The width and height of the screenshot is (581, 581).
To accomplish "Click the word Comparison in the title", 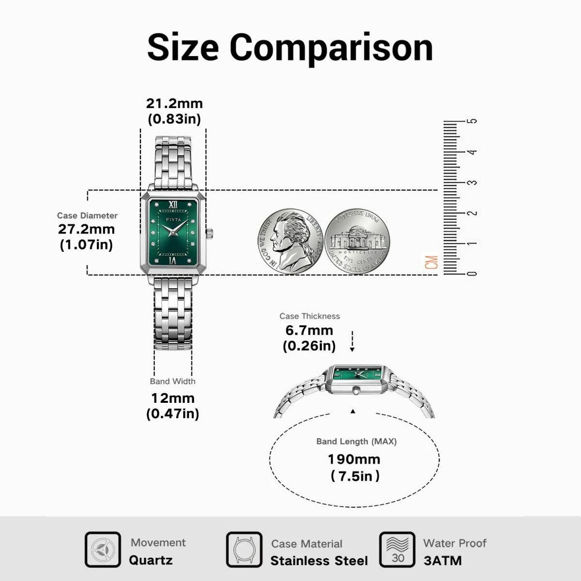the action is tap(331, 48).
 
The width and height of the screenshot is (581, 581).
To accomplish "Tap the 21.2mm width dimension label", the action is tap(174, 104).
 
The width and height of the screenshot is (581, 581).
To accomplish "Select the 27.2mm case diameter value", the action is tap(87, 229).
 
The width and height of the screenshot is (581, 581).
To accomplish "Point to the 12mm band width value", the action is tap(172, 398).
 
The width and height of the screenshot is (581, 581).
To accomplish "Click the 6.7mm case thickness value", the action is tap(309, 331).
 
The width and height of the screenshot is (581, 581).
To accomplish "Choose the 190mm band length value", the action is tap(354, 459).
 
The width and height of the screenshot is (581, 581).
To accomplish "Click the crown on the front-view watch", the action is tap(210, 233).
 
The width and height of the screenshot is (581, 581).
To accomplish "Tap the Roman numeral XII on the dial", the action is tap(173, 205).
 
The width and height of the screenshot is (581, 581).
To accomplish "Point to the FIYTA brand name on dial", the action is tap(173, 220).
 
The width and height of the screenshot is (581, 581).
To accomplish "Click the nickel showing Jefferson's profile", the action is tap(290, 242).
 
